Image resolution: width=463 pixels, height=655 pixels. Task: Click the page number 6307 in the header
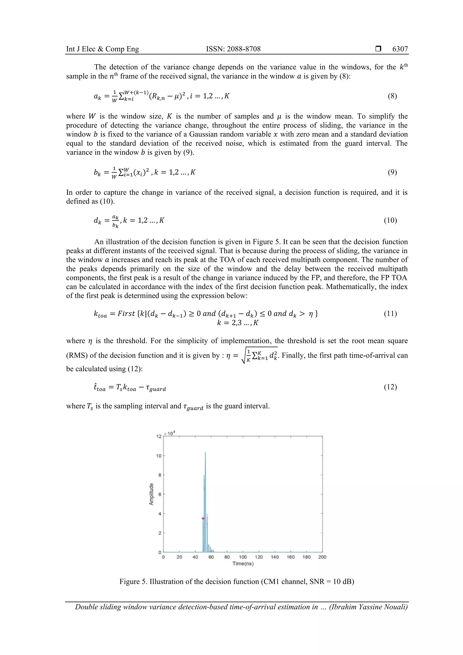tap(400, 49)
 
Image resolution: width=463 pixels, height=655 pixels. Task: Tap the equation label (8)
tap(392, 96)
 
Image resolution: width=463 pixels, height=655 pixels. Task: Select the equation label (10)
tap(390, 220)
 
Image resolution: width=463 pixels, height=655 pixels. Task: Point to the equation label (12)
tap(390, 387)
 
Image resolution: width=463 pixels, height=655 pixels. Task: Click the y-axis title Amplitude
tap(151, 494)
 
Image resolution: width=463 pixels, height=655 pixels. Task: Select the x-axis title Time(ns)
tap(243, 563)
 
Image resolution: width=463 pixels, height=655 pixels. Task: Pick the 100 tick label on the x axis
tap(243, 557)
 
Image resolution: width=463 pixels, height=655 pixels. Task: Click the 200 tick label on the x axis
tap(322, 557)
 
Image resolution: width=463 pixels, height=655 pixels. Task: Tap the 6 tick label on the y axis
tap(160, 494)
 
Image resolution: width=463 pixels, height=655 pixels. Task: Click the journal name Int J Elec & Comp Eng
tap(102, 49)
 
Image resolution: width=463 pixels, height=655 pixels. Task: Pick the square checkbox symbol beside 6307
tap(378, 49)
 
